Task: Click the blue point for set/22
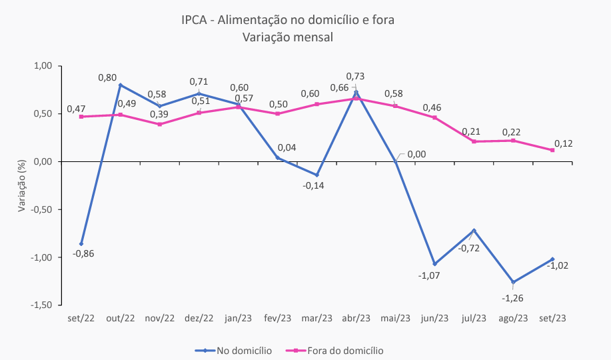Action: tap(81, 244)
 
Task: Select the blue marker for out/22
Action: tap(120, 85)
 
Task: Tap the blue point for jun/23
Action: tap(434, 264)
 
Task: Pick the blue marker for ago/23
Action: tap(512, 282)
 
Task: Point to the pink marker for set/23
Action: tap(552, 150)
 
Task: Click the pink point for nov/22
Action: tap(159, 124)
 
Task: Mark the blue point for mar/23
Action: tap(316, 175)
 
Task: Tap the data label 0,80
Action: tap(107, 77)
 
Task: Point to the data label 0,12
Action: tap(564, 143)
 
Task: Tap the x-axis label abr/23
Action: tap(356, 318)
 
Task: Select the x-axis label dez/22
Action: tap(199, 318)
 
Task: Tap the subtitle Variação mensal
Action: tap(288, 37)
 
